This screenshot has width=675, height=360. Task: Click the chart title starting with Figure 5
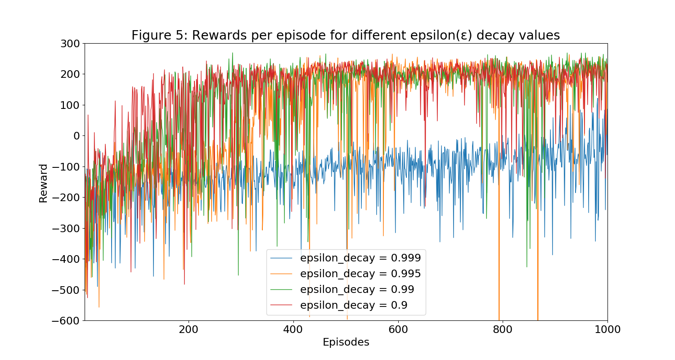(x=345, y=36)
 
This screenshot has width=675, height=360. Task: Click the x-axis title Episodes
(x=346, y=342)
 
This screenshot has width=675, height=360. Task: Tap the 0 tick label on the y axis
(x=76, y=136)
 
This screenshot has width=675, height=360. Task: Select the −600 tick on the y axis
(x=67, y=321)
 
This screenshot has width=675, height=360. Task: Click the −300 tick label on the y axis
(x=67, y=229)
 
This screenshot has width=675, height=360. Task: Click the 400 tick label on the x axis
(x=293, y=329)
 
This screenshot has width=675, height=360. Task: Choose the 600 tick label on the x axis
(x=398, y=329)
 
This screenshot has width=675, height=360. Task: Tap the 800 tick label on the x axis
(x=503, y=329)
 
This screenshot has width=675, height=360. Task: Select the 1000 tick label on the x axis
(x=607, y=329)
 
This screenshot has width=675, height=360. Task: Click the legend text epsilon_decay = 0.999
(x=360, y=258)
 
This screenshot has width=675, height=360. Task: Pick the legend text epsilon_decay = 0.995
(x=360, y=274)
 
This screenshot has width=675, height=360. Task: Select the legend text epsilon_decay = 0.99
(x=357, y=289)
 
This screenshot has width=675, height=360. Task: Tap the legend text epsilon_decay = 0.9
(x=354, y=305)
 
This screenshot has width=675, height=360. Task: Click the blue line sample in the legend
(x=281, y=258)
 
